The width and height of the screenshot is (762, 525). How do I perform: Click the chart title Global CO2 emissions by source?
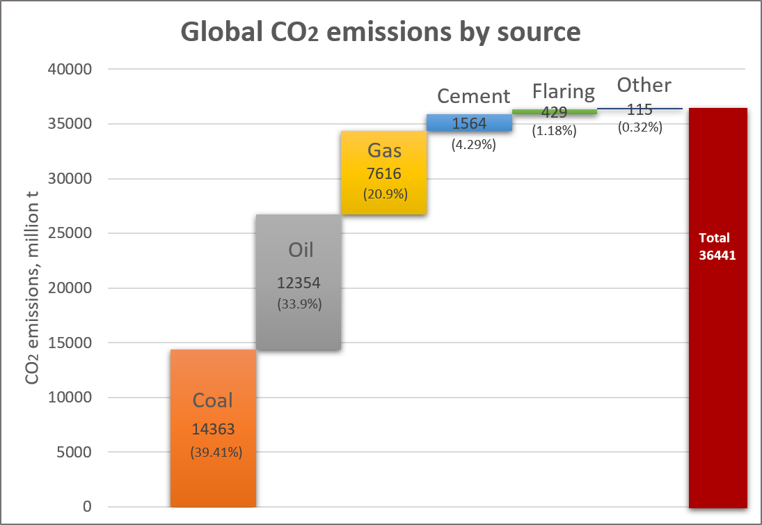(x=381, y=32)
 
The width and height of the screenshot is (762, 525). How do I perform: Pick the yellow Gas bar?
(x=383, y=202)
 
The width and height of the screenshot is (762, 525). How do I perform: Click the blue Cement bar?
(x=469, y=123)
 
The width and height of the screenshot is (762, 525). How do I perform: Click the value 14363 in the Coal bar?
(x=213, y=430)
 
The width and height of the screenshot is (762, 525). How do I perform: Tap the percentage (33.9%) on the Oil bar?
(x=299, y=304)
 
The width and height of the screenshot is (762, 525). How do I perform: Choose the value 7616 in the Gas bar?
(x=383, y=173)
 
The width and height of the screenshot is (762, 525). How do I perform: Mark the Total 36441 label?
(x=717, y=246)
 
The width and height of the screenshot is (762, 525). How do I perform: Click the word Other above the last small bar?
(x=644, y=85)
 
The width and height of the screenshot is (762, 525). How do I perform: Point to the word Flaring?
(x=564, y=92)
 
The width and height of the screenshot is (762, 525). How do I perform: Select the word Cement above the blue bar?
(x=473, y=95)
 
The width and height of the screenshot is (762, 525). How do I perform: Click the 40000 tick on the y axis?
(x=70, y=70)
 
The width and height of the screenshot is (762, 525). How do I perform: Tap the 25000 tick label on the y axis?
(x=70, y=233)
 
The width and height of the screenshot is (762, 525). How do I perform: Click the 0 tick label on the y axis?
(x=86, y=506)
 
